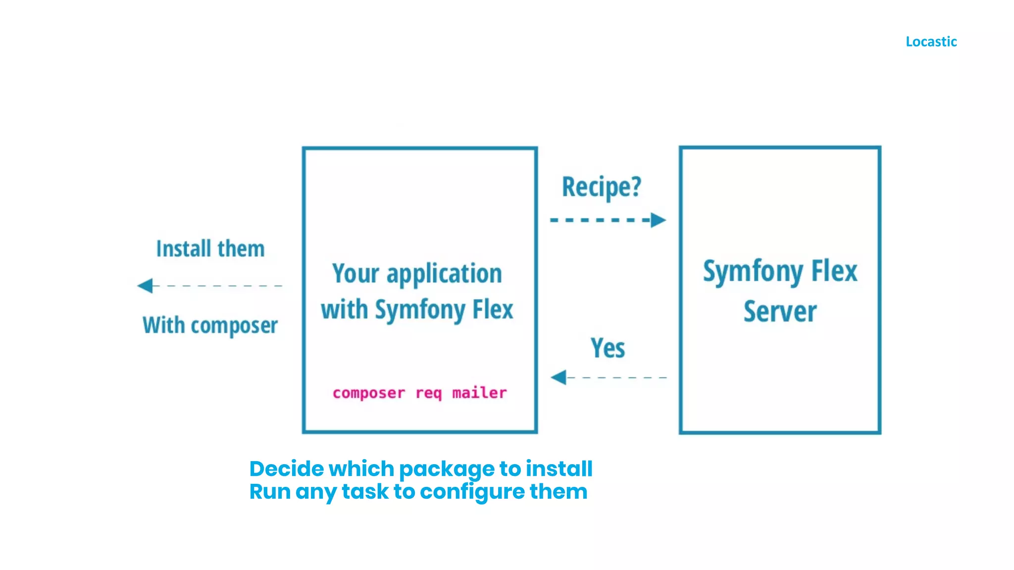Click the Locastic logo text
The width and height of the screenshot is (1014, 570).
pyautogui.click(x=931, y=42)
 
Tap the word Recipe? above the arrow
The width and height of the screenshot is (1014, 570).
pyautogui.click(x=601, y=187)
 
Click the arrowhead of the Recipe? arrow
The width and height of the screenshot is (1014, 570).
pyautogui.click(x=658, y=220)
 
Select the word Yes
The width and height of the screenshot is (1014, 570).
pyautogui.click(x=608, y=348)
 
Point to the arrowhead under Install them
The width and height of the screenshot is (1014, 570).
pyautogui.click(x=145, y=285)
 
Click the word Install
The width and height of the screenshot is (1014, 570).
pyautogui.click(x=184, y=248)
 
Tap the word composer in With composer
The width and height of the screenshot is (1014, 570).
pyautogui.click(x=234, y=326)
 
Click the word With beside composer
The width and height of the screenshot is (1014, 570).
pyautogui.click(x=163, y=325)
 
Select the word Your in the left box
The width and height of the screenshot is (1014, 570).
pyautogui.click(x=355, y=273)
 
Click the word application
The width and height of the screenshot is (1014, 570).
pyautogui.click(x=444, y=274)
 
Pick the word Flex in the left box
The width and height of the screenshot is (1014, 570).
pyautogui.click(x=493, y=309)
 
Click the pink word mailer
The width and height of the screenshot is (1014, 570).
pyautogui.click(x=479, y=393)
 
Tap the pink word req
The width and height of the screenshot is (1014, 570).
pyautogui.click(x=428, y=393)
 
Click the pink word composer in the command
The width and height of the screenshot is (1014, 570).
pyautogui.click(x=368, y=393)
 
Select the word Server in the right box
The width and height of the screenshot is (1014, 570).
pyautogui.click(x=780, y=311)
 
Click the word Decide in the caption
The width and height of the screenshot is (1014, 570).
pyautogui.click(x=287, y=469)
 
